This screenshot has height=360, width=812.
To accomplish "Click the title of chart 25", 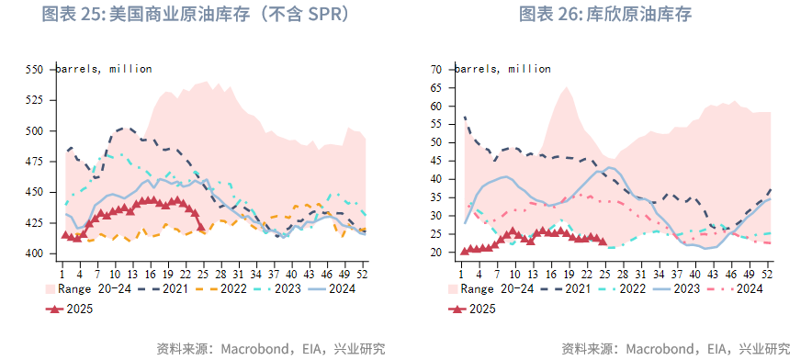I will (x=196, y=15).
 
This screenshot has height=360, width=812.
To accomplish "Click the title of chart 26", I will (x=605, y=15).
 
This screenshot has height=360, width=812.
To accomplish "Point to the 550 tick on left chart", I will (x=34, y=70).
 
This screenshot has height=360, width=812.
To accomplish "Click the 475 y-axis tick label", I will (x=34, y=162).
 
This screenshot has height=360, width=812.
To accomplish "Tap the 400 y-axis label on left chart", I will (x=34, y=253).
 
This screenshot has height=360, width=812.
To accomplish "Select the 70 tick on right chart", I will (x=436, y=70).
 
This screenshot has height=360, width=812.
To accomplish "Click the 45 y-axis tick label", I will (x=436, y=161).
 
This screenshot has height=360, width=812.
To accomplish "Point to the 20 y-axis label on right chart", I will (x=436, y=253).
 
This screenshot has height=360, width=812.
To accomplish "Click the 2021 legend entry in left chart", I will (x=166, y=288).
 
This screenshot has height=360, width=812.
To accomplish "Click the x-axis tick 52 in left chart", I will (x=363, y=274).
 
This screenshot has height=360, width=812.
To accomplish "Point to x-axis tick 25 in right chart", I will (x=603, y=274).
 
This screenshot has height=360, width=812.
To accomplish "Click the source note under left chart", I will (x=270, y=348).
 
